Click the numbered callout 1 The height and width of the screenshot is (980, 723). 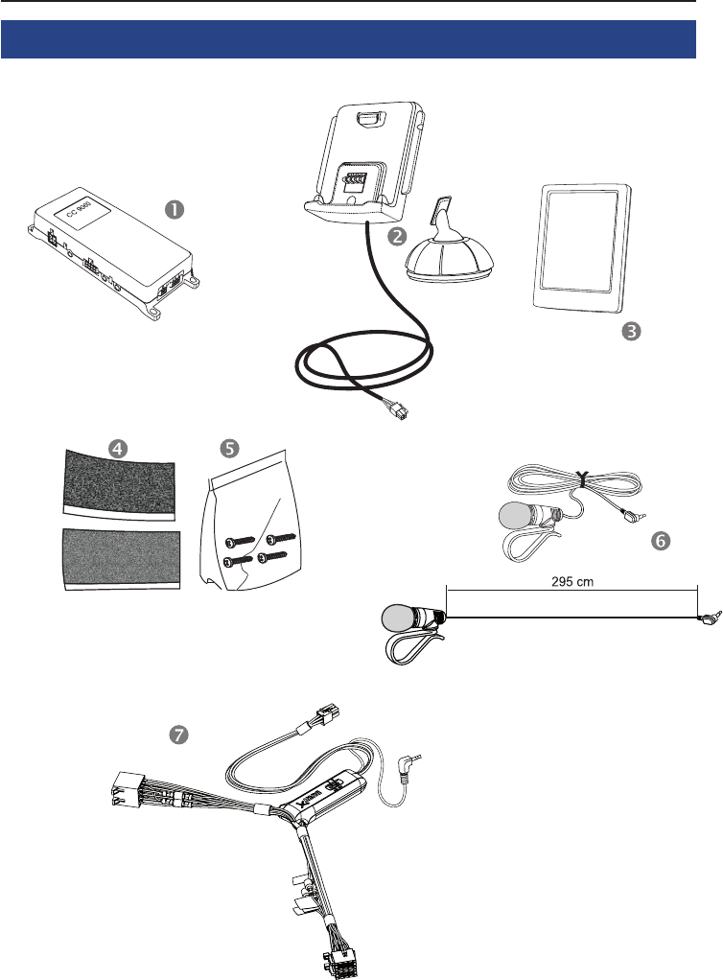coord(175,207)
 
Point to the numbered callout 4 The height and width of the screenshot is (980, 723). coord(116,448)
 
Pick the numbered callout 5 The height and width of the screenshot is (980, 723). coord(228,448)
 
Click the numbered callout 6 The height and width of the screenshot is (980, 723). coord(659,540)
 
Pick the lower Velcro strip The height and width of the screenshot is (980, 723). coord(120,555)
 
